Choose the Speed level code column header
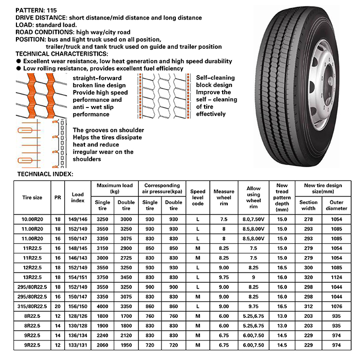[x=197, y=197]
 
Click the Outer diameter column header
[x=336, y=205]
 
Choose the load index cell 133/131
[x=78, y=343]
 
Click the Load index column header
[x=78, y=197]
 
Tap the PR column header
[x=58, y=197]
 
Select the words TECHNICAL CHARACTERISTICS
[x=62, y=53]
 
